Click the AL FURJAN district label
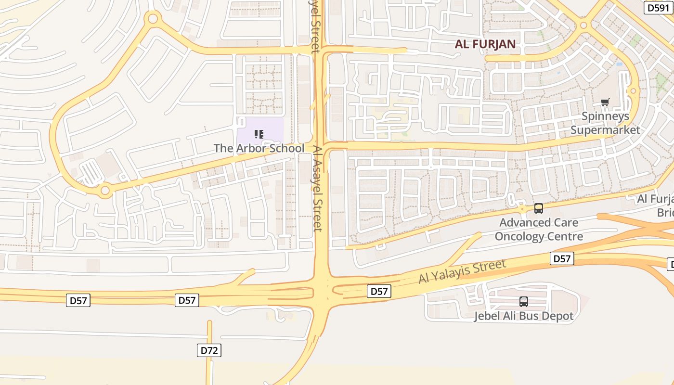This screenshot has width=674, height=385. coord(485,44)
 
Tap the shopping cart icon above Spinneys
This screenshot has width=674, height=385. coord(605,102)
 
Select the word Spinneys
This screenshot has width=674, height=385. coord(605,116)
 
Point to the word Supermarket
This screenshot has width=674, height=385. coord(605,130)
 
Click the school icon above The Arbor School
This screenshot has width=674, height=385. coord(259,134)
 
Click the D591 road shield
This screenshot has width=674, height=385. coord(658,8)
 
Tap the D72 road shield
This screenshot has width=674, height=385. coord(209,350)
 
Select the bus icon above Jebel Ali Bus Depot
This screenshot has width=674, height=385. coord(524,302)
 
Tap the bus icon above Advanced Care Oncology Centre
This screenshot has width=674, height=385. coord(539,208)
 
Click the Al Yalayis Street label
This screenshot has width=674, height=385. coord(462,271)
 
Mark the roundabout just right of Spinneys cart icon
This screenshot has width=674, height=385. coord(633,91)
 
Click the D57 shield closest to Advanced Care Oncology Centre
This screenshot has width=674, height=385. coord(562,259)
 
